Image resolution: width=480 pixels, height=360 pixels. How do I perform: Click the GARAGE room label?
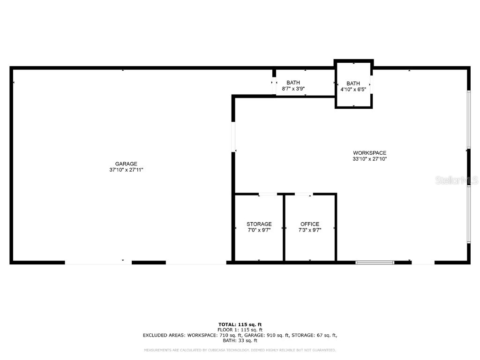pos(127,164)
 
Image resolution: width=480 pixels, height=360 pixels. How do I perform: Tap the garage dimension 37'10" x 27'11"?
pos(127,170)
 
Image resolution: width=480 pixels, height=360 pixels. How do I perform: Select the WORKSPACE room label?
pos(369,153)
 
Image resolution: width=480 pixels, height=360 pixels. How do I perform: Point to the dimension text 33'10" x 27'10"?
pos(369,159)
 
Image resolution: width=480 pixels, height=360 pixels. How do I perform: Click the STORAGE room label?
pos(259,224)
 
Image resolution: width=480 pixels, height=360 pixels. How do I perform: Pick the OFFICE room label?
pos(310,224)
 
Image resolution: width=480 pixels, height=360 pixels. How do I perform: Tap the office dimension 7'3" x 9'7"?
pos(310,230)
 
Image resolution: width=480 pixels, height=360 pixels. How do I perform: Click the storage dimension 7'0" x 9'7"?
pos(259,230)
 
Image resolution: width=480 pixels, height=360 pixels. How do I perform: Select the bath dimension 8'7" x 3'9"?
pos(293,89)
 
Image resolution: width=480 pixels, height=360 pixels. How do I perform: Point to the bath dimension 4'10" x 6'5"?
pos(353,89)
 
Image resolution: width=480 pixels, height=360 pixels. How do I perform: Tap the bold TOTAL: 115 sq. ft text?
pos(240,324)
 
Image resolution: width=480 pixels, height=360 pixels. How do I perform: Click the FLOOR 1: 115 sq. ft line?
pos(240,330)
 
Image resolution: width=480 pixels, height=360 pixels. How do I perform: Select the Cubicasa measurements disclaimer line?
pos(240,350)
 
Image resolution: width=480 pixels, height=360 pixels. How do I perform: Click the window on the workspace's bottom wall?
pos(375,262)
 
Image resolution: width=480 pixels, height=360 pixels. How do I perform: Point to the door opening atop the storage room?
pos(268,194)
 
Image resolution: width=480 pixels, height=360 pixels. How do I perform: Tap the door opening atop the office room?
pos(303,194)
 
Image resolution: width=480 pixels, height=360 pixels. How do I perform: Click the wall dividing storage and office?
pos(284,227)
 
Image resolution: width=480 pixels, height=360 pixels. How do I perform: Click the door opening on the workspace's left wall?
pos(233,137)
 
